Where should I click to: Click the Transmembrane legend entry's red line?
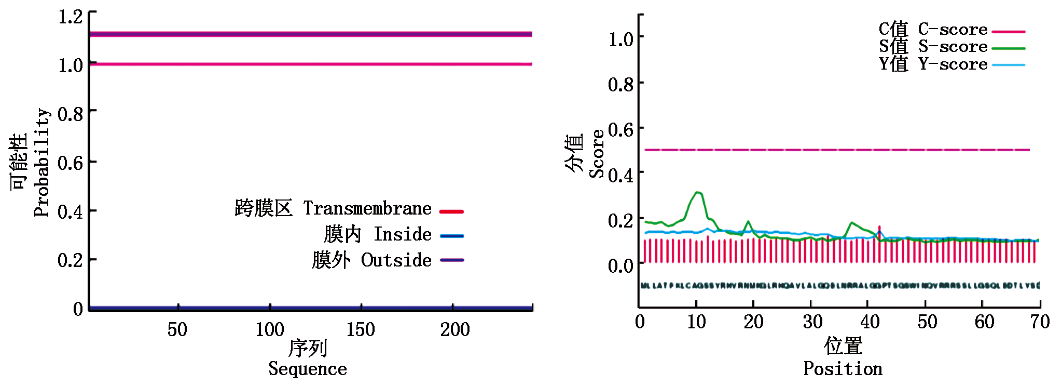[451, 211]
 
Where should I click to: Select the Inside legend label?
[403, 235]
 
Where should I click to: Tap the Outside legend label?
[396, 260]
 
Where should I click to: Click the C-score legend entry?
[953, 30]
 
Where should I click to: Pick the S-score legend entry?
[953, 47]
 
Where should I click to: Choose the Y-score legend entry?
[953, 64]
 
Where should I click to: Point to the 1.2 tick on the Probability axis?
[71, 17]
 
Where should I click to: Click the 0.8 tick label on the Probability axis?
[71, 113]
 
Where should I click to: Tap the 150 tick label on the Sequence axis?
[361, 329]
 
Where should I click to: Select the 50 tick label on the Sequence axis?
[177, 329]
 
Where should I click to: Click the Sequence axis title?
[308, 368]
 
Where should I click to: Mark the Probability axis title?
[42, 163]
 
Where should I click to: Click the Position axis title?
[843, 368]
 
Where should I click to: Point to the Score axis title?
[597, 154]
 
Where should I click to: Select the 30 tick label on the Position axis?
[813, 322]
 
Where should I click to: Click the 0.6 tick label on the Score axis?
[620, 129]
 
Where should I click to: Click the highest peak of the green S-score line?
[698, 192]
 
